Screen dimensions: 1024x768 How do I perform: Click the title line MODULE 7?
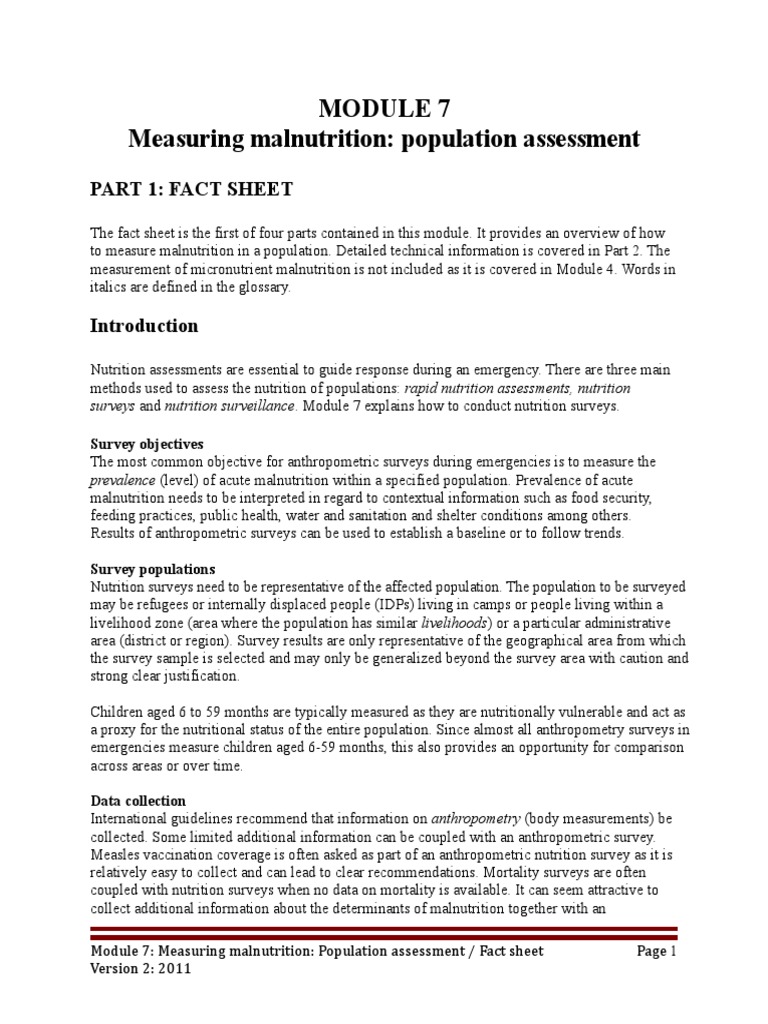click(384, 109)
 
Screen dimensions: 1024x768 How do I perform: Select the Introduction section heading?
click(144, 326)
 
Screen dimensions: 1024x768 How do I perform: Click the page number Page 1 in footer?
click(657, 951)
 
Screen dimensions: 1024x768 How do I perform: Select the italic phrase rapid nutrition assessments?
click(485, 388)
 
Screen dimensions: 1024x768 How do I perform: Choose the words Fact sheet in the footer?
click(510, 951)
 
